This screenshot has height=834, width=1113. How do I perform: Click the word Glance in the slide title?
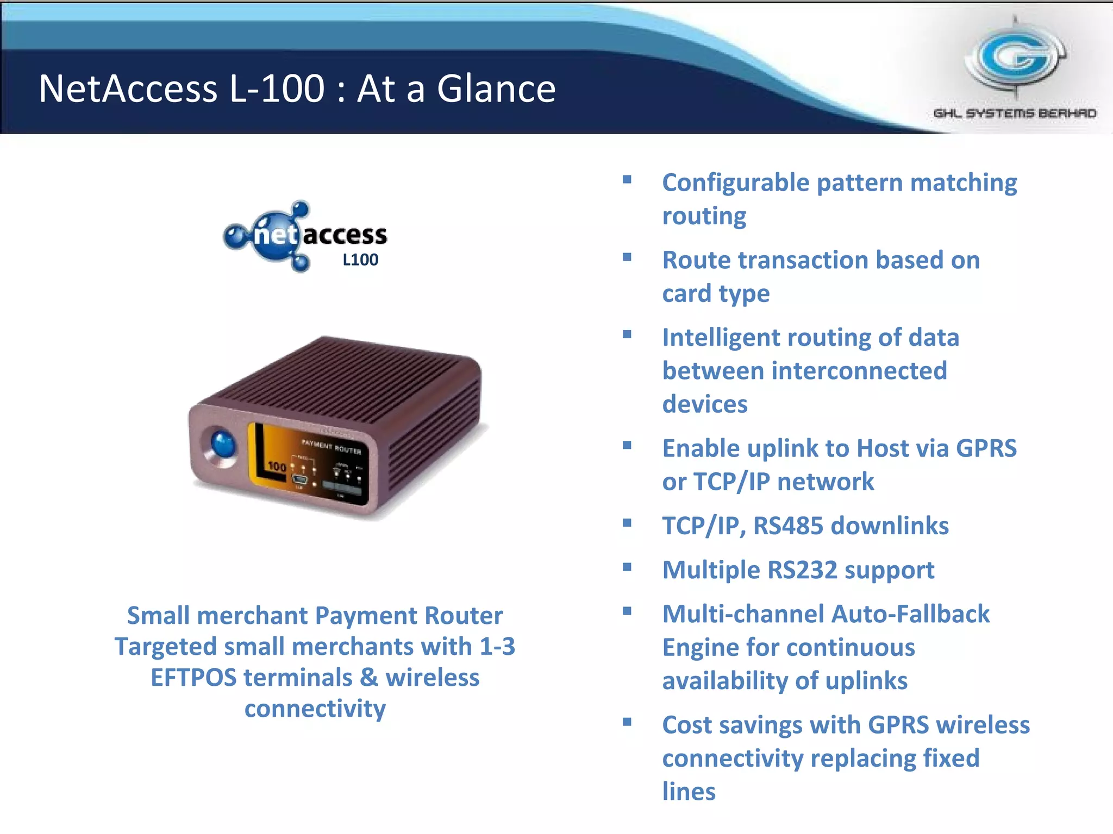tap(496, 89)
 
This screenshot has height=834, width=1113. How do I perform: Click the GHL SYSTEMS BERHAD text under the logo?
tap(1014, 113)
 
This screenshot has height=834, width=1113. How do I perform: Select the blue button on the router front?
tap(223, 445)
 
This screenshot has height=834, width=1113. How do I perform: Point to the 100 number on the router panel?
tap(277, 466)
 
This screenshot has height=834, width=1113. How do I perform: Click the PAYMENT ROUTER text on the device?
tap(332, 447)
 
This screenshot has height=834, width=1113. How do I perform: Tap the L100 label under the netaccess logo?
tap(360, 260)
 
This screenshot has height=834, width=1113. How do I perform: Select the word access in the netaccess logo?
tap(345, 235)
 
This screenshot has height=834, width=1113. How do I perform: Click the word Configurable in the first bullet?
tap(736, 183)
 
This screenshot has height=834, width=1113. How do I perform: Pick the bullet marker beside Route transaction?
tap(627, 257)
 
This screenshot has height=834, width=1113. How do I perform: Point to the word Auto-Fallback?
tap(910, 614)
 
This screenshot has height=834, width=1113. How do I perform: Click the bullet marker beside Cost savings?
tap(627, 722)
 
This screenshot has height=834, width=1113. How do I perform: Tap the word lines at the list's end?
tap(689, 792)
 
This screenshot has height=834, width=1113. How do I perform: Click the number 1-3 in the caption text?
tap(497, 647)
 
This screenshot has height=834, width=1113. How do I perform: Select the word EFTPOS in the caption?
tap(193, 678)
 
